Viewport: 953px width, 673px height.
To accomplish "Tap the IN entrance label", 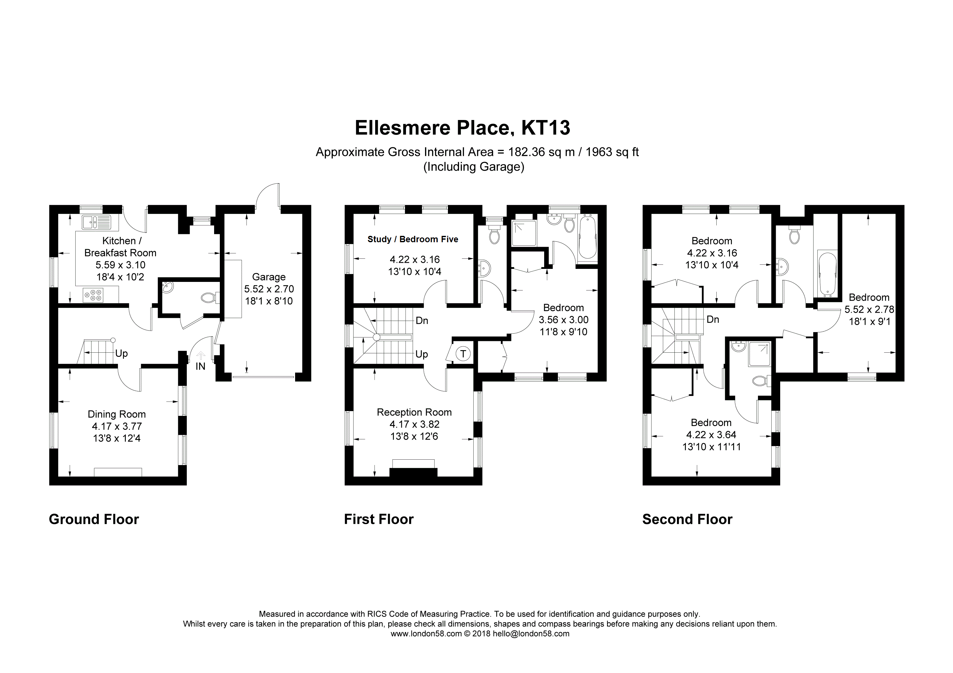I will coord(200,366).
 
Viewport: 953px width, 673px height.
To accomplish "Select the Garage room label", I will coord(268,277).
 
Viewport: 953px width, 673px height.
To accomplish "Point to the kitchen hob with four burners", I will coord(93,295).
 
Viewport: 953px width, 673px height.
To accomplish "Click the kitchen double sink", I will coord(96,222).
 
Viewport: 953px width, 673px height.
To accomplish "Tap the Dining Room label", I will coord(117,414).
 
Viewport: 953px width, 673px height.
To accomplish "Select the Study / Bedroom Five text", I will coord(413,239).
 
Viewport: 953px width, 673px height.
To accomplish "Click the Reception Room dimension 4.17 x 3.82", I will coord(414,424).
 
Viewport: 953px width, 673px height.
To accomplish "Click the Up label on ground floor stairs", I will coord(121,353).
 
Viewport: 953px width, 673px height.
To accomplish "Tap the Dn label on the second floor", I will coord(713,319).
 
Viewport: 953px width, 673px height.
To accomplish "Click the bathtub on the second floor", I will coord(825,275).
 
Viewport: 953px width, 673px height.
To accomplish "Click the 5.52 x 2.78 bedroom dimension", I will coord(869,309).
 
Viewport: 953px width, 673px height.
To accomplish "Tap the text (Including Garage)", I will coord(474,167).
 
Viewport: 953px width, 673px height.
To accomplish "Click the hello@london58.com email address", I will coord(531,634).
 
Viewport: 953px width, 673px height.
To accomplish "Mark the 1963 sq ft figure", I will coord(612,152).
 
